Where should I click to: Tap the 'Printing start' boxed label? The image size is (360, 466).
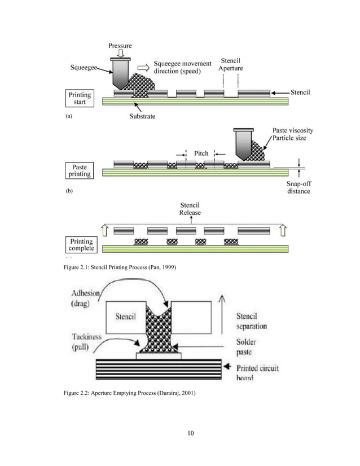coord(80,98)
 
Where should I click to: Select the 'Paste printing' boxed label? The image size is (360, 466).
coord(80,170)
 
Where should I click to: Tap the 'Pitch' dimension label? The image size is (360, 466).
coord(201,153)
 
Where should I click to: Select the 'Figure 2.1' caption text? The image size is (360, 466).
coord(121,274)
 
